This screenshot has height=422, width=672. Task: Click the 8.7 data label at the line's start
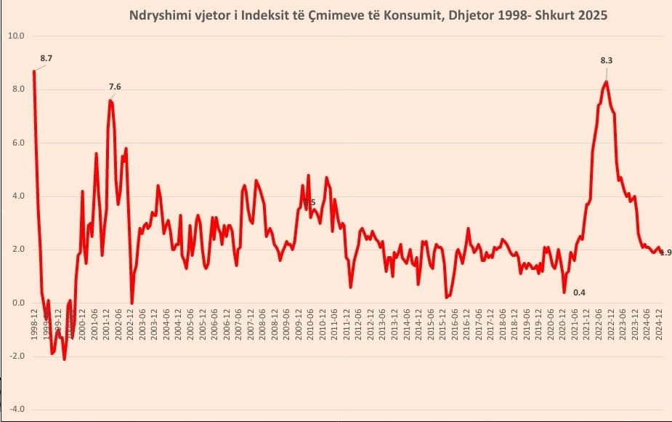click(x=46, y=57)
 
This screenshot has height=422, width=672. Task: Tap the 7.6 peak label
click(x=115, y=87)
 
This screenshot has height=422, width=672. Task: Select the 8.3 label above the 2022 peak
click(x=606, y=60)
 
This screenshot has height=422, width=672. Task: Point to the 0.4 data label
click(x=579, y=292)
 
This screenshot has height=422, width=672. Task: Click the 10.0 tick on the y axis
click(x=16, y=36)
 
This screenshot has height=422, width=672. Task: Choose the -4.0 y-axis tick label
click(x=16, y=410)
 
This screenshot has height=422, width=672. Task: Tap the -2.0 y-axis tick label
click(x=16, y=357)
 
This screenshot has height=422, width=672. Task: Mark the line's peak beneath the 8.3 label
click(x=606, y=81)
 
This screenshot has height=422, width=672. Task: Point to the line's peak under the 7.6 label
click(x=110, y=100)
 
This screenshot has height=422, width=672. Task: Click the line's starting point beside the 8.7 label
click(x=34, y=71)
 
